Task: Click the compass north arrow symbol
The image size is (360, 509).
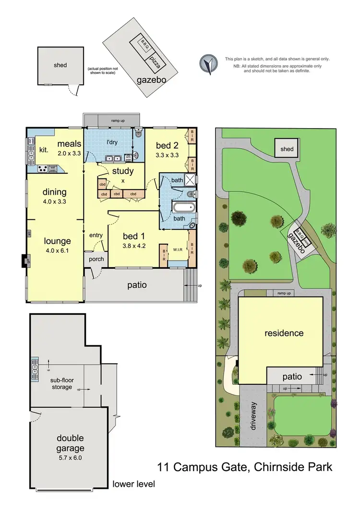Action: coord(207,64)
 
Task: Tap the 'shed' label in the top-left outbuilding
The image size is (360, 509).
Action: coord(60,65)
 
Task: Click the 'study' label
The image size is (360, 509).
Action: coord(123,171)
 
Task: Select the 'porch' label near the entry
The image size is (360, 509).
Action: coord(95,259)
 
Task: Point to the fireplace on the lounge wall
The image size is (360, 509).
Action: coord(24,261)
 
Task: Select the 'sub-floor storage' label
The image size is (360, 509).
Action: coord(62,384)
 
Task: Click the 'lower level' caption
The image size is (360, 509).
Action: coord(133,484)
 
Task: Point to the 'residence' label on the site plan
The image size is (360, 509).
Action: coord(283,332)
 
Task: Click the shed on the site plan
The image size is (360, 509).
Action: coord(287,149)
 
